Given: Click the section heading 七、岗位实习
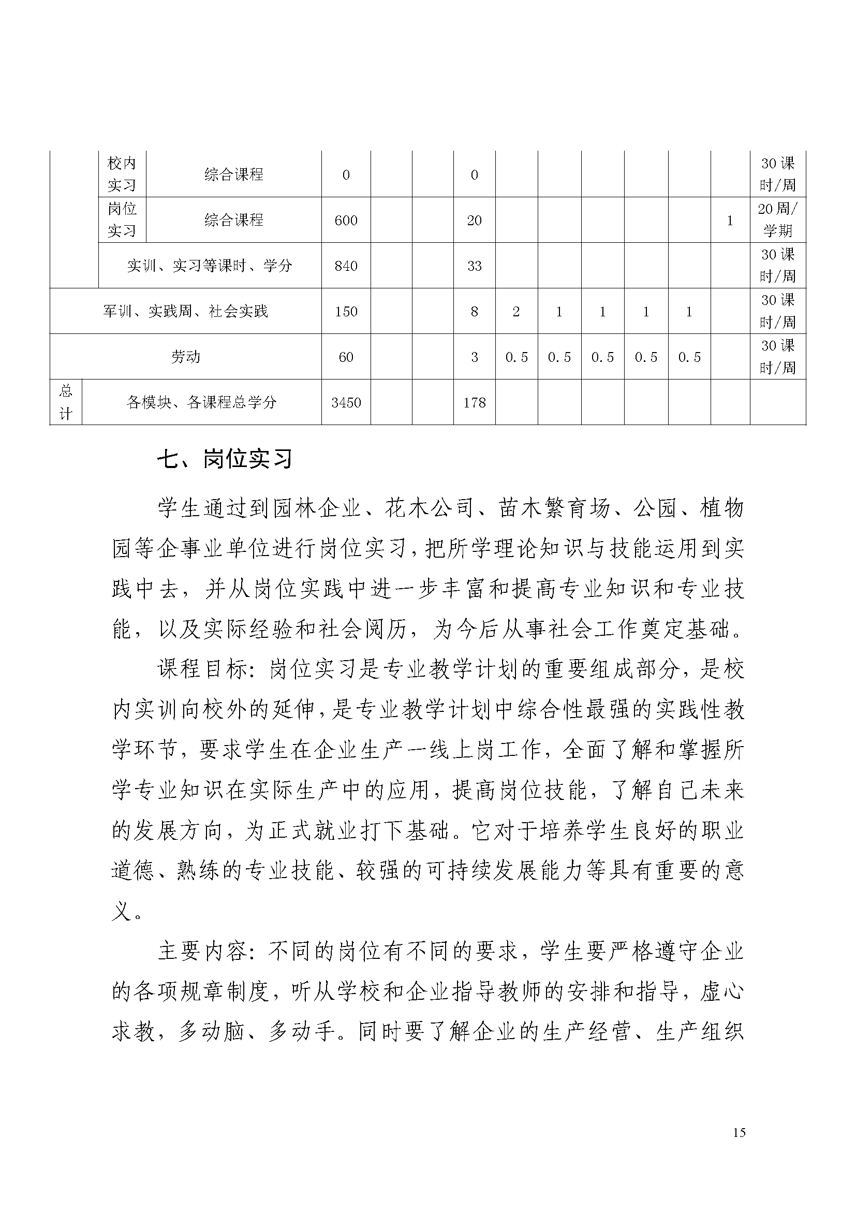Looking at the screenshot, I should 225,460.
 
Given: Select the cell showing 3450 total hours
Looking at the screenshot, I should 346,402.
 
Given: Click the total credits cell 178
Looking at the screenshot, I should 474,402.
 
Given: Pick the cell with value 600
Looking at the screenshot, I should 346,221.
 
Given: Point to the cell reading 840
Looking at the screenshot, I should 346,266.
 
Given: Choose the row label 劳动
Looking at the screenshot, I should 186,357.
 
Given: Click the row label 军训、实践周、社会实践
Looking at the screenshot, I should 186,311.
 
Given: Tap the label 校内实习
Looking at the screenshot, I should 122,174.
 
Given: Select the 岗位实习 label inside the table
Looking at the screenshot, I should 122,220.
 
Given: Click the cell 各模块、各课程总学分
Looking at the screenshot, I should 201,402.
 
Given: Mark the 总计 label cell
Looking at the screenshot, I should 65,402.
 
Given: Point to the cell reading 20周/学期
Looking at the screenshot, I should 777,220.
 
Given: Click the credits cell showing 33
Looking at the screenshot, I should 474,266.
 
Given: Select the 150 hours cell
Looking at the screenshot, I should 346,311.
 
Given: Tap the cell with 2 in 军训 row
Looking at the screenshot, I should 516,311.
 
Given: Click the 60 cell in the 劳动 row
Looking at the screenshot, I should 346,357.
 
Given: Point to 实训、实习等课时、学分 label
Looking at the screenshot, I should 209,266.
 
